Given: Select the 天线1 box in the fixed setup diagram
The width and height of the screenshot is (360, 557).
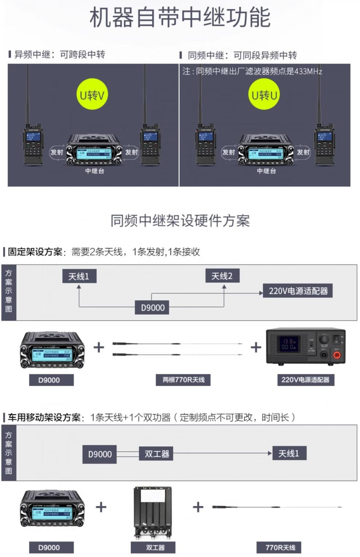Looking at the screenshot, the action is coord(79,277).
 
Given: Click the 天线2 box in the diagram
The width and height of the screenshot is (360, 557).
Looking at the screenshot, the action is coord(222,276).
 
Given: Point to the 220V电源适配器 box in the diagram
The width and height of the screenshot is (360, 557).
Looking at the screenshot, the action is coord(298,291).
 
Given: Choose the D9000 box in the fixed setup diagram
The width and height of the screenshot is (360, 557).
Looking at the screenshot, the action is coord(153,308).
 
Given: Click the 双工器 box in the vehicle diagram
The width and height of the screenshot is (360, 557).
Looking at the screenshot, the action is coord(157,454).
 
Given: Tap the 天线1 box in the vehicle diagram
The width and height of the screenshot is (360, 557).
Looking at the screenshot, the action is coord(289,453).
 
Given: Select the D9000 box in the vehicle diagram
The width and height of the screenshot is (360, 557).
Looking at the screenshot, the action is coord(100,454).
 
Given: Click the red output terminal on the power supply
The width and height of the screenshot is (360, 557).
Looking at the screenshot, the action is coord(337,355).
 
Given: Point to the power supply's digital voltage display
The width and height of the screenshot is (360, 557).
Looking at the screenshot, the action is coord(289,344).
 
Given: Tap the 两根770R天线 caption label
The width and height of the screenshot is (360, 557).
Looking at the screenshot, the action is coord(183,380).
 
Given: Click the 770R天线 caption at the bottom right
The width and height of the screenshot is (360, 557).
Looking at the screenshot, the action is coord(280,548).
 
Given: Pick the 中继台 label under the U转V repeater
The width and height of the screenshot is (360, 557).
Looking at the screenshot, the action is coord(95,171).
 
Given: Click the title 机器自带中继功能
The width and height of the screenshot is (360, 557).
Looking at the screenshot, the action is coord(180,17).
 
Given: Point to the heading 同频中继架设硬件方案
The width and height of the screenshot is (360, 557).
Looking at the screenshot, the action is coord(180,221).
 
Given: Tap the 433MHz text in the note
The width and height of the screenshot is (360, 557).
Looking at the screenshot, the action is coord(308,71).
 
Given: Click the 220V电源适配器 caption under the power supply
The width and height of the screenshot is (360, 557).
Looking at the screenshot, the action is coord(305,380).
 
